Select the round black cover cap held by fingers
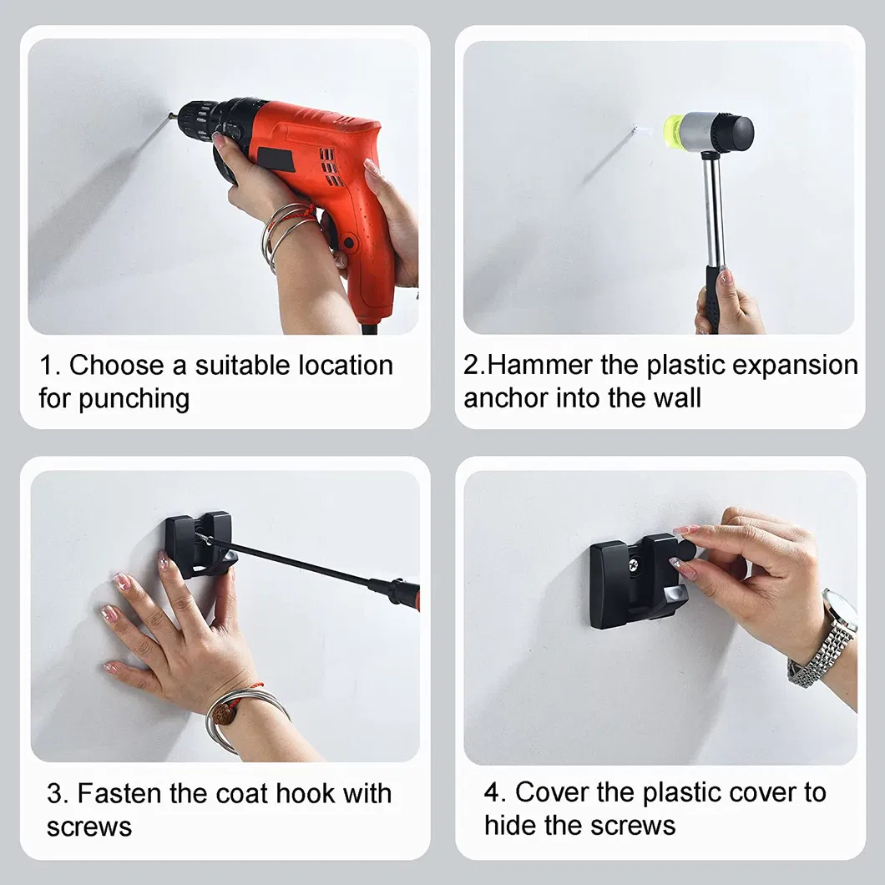[684, 549]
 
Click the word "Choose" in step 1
[116, 365]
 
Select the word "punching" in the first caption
[134, 400]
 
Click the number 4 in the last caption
[491, 792]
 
